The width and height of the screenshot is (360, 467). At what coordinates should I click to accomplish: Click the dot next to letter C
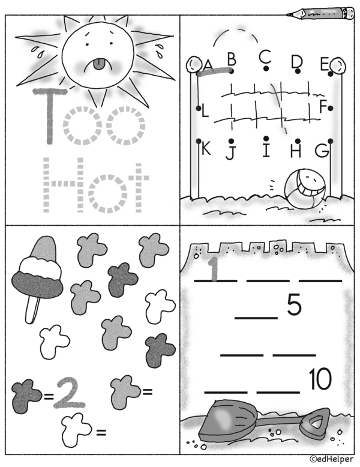266,68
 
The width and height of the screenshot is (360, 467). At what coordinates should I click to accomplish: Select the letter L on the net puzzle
205,111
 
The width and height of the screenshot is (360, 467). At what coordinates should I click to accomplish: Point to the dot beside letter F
331,109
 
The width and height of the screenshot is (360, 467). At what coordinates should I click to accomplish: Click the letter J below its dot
230,152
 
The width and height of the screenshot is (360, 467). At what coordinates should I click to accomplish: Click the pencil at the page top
320,13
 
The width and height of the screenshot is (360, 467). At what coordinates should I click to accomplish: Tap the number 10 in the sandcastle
320,379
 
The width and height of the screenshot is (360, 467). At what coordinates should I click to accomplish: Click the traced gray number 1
214,270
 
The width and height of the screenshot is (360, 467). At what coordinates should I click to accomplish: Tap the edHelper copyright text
331,459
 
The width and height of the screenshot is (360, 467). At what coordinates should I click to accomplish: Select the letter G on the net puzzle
322,151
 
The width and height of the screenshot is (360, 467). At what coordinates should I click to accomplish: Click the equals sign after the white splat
101,432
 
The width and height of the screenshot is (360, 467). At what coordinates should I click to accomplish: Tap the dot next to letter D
298,71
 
